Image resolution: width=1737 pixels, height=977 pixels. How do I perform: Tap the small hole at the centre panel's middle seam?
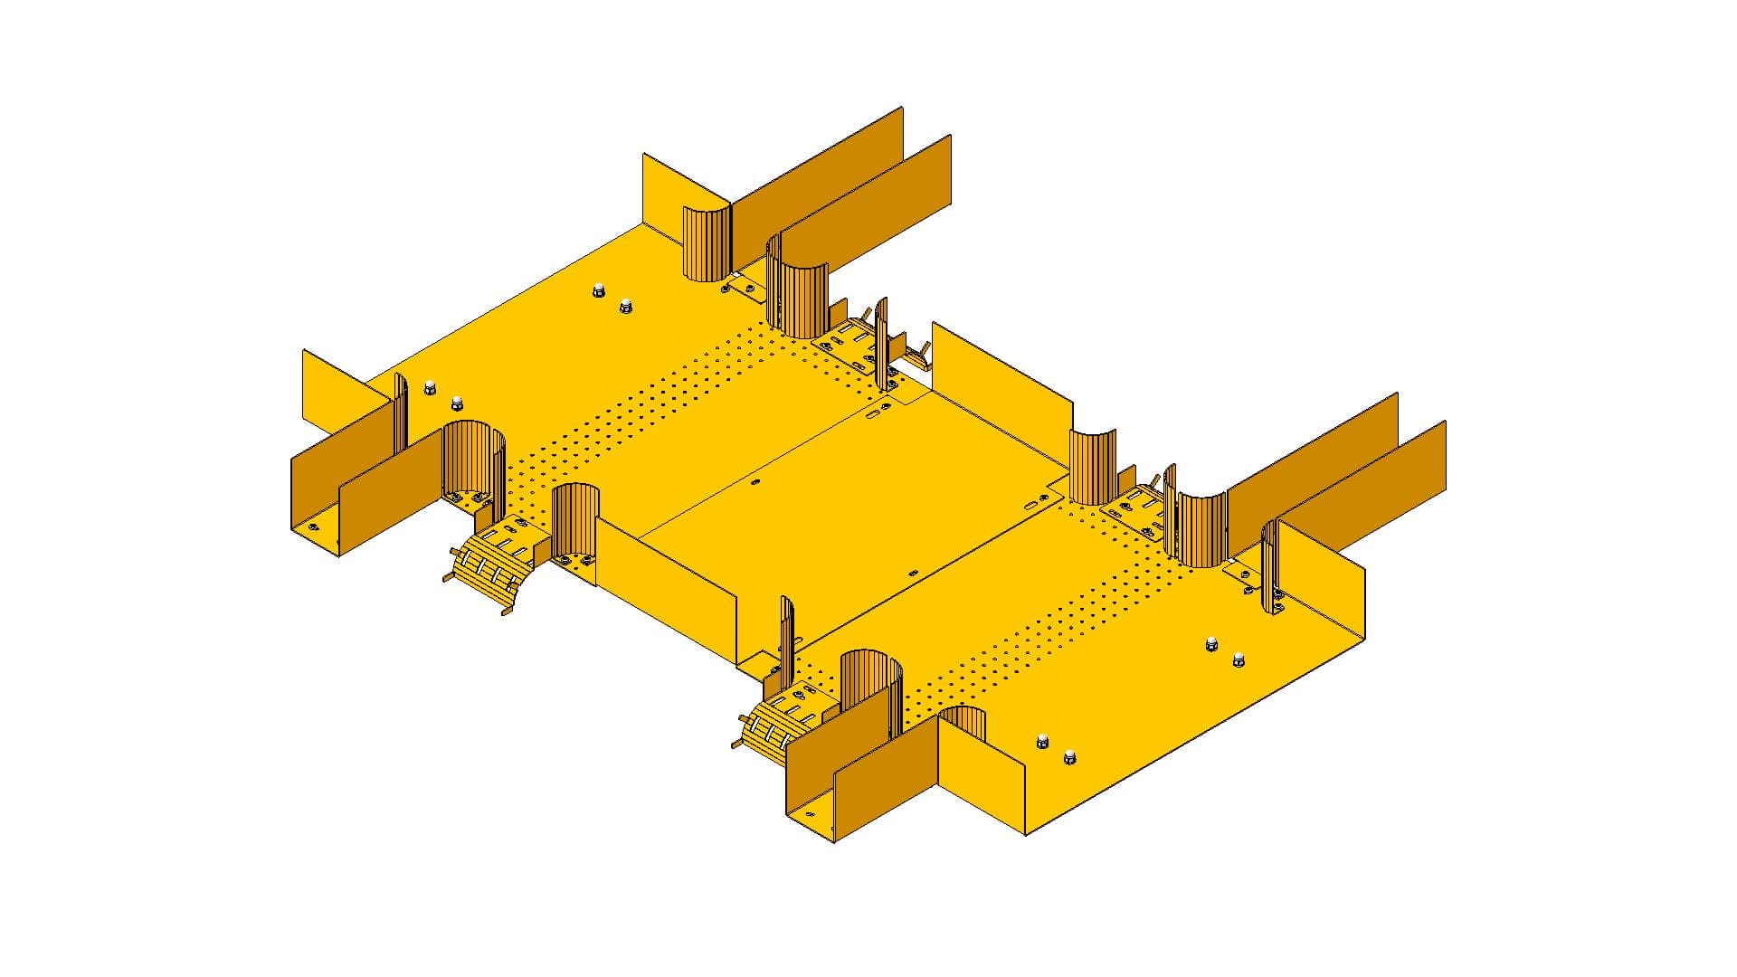(x=756, y=483)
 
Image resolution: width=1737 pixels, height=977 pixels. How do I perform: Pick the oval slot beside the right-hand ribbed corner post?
(x=1033, y=504)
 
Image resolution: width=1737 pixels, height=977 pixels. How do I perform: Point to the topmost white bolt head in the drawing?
(x=598, y=290)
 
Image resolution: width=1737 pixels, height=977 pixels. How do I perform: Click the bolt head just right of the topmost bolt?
(x=625, y=308)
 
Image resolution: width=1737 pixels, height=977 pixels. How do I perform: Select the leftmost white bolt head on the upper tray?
(x=429, y=386)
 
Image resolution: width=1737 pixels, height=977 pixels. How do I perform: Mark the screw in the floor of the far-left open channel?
(x=313, y=526)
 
